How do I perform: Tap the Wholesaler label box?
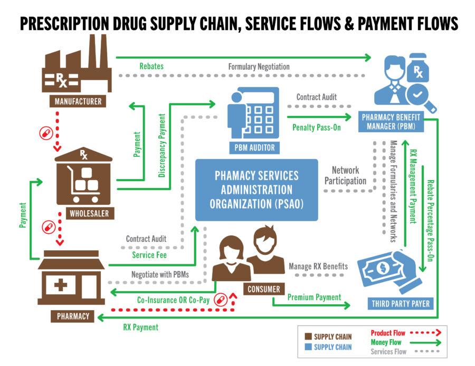pos(84,214)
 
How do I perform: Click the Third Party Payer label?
pos(401,303)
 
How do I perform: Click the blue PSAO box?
pos(256,190)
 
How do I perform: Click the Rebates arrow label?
pos(151,66)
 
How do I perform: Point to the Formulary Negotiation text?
pos(259,67)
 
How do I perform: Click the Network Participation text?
pos(346,175)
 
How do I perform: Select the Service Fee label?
pos(149,255)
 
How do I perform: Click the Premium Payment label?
pos(315,298)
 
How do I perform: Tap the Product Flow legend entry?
pos(388,333)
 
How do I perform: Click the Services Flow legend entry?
pos(388,351)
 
